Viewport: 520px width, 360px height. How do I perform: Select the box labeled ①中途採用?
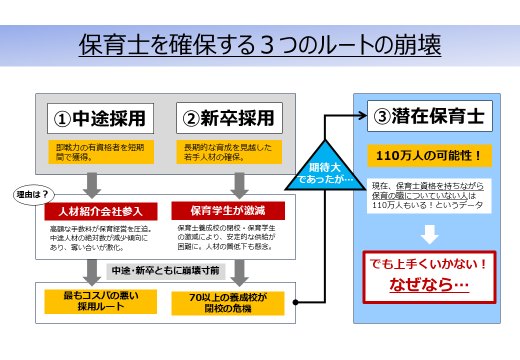click(100, 118)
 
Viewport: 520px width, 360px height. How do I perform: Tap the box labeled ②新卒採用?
click(229, 118)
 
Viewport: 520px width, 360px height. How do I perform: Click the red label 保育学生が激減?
click(228, 210)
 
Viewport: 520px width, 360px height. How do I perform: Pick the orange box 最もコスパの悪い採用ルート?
click(100, 301)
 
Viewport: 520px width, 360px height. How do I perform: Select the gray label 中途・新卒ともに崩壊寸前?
click(165, 271)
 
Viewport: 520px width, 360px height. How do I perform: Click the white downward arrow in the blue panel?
click(429, 233)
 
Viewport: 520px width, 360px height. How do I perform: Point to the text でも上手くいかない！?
click(429, 264)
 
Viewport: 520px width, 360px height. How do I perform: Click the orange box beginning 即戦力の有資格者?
click(100, 152)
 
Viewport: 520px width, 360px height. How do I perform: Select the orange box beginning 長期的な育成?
click(229, 152)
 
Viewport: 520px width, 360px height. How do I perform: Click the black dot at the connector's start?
click(295, 302)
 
